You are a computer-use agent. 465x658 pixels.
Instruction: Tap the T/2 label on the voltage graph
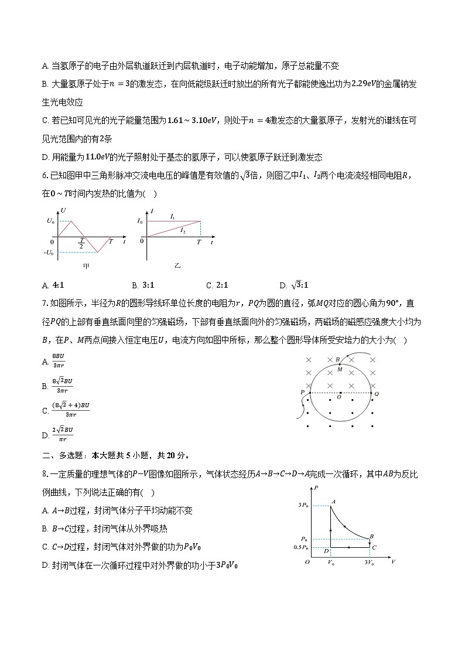pyautogui.click(x=81, y=243)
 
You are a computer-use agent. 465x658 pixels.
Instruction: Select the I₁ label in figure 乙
pyautogui.click(x=172, y=216)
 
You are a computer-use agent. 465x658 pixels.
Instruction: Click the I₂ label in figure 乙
pyautogui.click(x=183, y=231)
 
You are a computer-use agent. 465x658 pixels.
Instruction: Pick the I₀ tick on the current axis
pyautogui.click(x=139, y=221)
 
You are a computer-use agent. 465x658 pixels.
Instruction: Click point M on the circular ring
pyautogui.click(x=339, y=369)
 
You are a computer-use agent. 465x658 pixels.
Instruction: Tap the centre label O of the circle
pyautogui.click(x=339, y=397)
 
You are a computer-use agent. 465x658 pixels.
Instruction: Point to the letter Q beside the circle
pyautogui.click(x=376, y=394)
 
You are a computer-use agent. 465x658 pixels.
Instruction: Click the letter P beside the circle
pyautogui.click(x=302, y=392)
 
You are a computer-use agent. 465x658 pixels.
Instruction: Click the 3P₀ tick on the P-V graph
pyautogui.click(x=303, y=505)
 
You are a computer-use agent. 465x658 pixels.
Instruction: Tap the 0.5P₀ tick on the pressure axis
pyautogui.click(x=301, y=547)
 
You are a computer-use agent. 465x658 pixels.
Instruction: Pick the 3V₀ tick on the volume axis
pyautogui.click(x=370, y=562)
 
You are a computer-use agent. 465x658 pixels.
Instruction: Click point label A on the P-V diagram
pyautogui.click(x=333, y=502)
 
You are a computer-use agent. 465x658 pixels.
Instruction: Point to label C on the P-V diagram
pyautogui.click(x=374, y=547)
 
